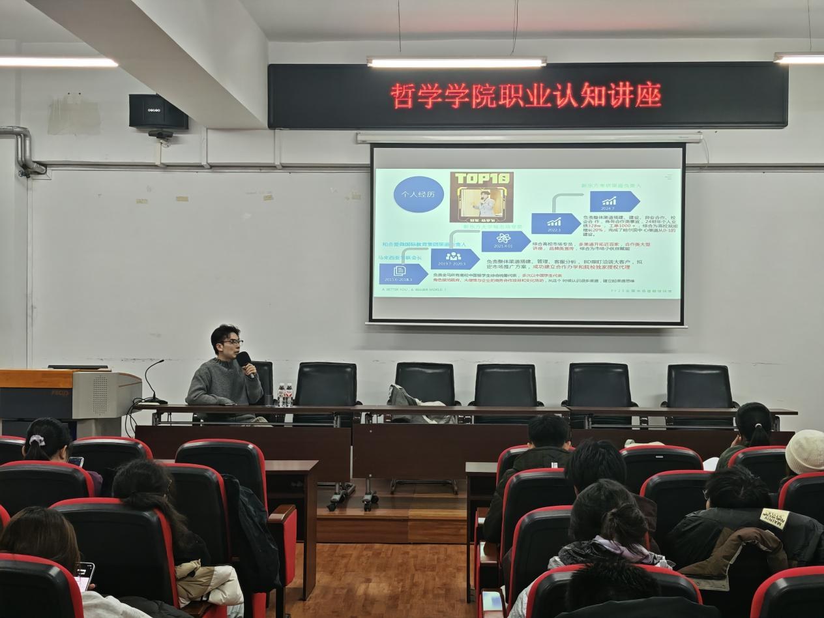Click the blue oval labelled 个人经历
click(x=419, y=194)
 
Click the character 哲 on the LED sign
click(x=402, y=96)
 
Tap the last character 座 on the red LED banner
click(x=649, y=95)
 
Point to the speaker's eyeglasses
click(x=232, y=342)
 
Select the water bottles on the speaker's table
click(x=285, y=395)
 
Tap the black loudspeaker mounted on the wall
click(x=158, y=112)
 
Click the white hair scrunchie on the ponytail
click(x=37, y=441)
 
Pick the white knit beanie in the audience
click(x=805, y=451)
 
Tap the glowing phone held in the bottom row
click(x=85, y=576)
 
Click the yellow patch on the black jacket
click(x=774, y=518)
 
